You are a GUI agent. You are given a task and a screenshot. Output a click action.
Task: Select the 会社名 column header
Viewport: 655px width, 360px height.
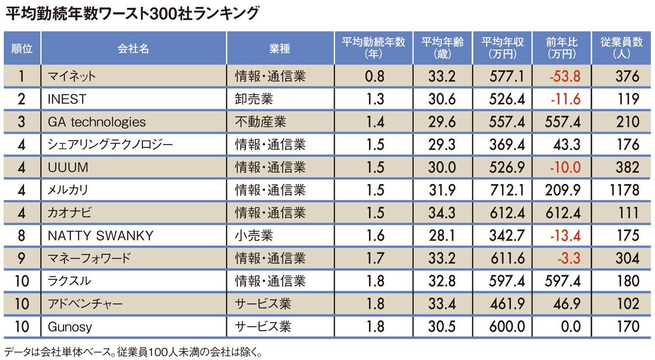[133, 48]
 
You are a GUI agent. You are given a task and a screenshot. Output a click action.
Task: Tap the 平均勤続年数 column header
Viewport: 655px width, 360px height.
[373, 48]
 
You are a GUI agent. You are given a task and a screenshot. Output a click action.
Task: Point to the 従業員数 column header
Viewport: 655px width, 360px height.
[621, 48]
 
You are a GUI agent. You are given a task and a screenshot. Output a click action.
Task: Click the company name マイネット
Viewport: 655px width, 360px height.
[71, 76]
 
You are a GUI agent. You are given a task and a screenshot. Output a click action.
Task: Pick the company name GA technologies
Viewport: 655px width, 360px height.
[97, 122]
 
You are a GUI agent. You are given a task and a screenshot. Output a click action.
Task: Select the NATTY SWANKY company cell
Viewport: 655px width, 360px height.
[100, 236]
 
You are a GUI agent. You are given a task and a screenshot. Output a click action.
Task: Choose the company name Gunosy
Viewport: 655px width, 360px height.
[69, 326]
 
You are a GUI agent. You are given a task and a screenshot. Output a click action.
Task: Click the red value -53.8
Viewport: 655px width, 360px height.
[564, 76]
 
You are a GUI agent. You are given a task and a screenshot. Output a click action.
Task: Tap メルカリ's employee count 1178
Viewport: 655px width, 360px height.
[624, 190]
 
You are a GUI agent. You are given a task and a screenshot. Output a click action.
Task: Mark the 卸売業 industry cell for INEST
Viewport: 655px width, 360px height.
[254, 99]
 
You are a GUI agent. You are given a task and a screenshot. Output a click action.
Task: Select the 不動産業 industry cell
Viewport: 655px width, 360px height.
[260, 122]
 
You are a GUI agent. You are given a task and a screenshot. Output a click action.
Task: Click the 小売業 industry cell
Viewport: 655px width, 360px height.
[254, 236]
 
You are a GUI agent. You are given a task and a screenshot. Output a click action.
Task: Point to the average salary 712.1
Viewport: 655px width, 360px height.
[506, 190]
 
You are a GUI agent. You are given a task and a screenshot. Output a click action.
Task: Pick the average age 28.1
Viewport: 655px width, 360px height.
[441, 236]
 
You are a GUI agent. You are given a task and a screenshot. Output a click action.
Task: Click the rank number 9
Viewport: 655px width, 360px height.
[22, 258]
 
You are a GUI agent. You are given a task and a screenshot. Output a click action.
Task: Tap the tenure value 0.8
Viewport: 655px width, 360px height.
[375, 76]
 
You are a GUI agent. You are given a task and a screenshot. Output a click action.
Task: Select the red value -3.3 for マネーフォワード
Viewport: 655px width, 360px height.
[568, 258]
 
